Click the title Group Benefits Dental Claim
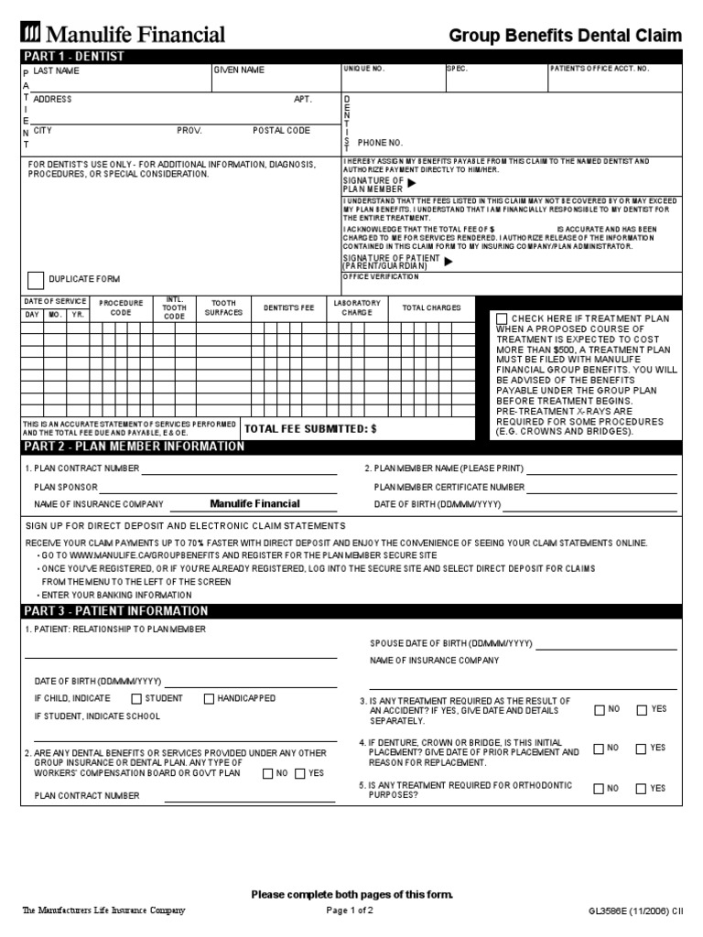coord(565,36)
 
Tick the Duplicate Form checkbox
coord(36,280)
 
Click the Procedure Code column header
coord(122,307)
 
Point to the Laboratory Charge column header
coord(357,307)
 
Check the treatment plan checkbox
coord(502,318)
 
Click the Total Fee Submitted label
coord(309,428)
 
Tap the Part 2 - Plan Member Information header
coord(134,447)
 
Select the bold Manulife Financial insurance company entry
coord(254,503)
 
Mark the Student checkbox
coord(136,699)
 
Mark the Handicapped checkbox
coord(209,699)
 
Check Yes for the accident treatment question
coord(642,709)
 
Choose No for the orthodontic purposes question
coord(599,788)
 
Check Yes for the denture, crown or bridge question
coord(642,749)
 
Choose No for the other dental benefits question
coord(267,773)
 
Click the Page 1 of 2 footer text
coord(350,910)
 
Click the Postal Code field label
coord(281,131)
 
